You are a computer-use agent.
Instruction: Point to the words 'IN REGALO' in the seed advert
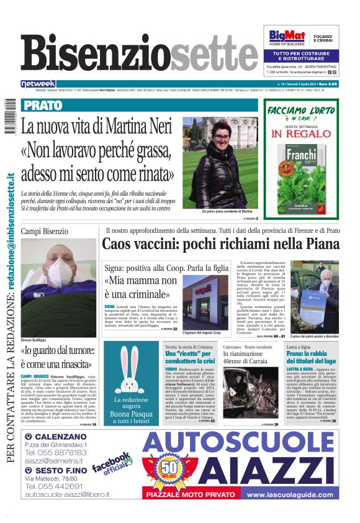[x=302, y=134]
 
